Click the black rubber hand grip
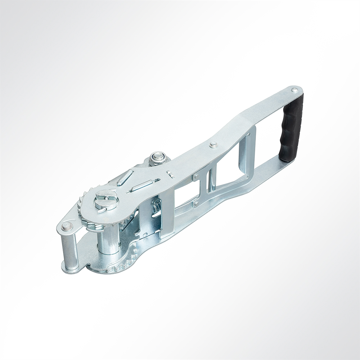coord(291,128)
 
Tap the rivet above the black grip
coord(294,89)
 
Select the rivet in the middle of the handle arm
coord(213,145)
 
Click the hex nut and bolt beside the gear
coord(157,157)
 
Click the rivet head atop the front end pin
coord(67,226)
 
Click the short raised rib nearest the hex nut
coord(125,177)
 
